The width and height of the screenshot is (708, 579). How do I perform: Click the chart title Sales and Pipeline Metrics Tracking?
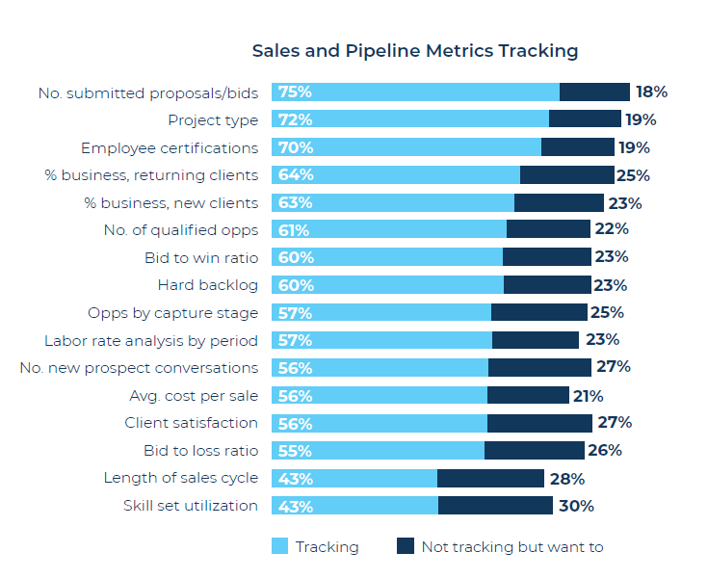[414, 50]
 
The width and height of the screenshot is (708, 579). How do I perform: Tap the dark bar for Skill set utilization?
[495, 506]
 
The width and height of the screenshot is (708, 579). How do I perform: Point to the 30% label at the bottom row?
[576, 506]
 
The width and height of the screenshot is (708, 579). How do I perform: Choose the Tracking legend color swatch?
[279, 547]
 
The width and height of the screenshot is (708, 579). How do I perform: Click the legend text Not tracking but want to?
[511, 547]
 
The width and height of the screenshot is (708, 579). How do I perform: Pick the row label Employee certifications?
[169, 147]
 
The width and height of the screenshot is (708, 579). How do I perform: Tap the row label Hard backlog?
[207, 285]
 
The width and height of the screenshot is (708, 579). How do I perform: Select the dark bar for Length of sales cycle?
[490, 479]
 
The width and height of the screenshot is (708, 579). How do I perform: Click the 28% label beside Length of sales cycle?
[567, 479]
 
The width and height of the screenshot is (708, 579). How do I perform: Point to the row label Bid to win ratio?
[200, 257]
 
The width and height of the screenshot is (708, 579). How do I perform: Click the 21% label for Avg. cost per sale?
[587, 396]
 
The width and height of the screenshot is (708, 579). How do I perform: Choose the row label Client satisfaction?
[191, 423]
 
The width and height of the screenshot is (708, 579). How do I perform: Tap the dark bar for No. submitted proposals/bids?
[594, 92]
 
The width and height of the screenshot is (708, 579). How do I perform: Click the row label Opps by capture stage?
[172, 313]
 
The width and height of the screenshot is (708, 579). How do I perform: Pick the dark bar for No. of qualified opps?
[548, 229]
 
